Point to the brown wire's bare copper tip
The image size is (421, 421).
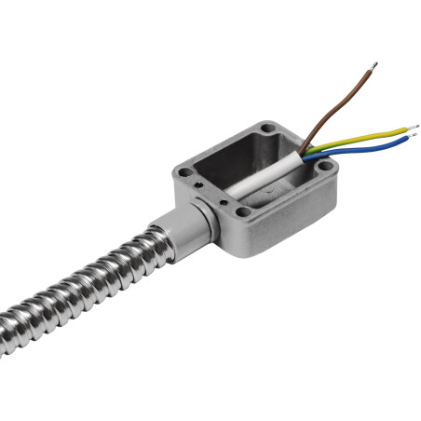(373, 66)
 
